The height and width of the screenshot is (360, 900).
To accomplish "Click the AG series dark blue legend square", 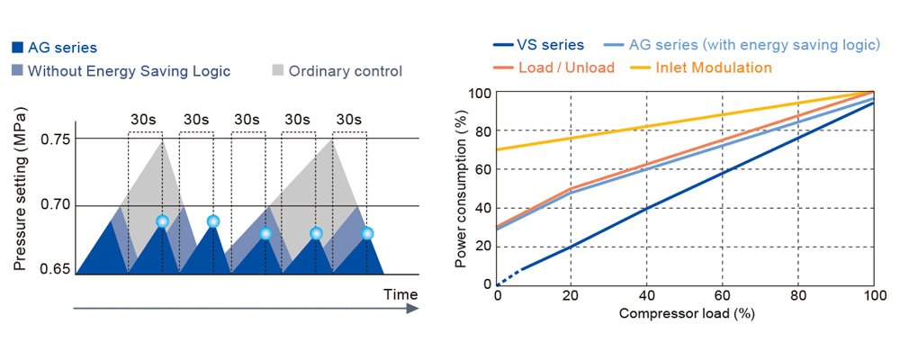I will coord(18,48).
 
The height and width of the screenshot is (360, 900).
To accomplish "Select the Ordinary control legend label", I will coord(345,71).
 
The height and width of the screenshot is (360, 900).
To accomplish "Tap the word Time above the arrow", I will coord(400,294).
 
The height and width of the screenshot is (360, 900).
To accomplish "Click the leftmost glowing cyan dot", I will coord(162,221).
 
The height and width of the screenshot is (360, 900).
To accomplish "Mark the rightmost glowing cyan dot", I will coord(367,234).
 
